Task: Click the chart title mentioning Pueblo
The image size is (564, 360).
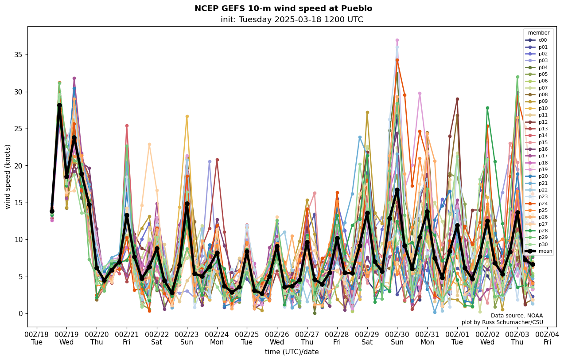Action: [x=283, y=8]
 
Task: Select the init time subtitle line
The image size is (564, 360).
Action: [x=292, y=20]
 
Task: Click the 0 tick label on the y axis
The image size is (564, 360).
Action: [x=21, y=313]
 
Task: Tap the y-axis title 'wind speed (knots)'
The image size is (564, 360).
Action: [x=8, y=176]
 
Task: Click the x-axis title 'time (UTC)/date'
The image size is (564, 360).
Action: [x=292, y=352]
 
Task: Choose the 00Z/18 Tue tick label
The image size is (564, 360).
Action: [x=36, y=338]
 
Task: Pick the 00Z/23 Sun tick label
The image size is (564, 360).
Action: [x=187, y=338]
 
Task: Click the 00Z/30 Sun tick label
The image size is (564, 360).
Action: [x=397, y=338]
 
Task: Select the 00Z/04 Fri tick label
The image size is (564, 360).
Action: [x=548, y=338]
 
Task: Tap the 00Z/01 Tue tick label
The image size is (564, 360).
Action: [x=457, y=338]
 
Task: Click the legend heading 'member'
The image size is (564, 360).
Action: [x=539, y=33]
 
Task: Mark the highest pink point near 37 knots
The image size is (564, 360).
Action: [x=397, y=40]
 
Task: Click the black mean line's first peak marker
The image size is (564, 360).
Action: [x=59, y=106]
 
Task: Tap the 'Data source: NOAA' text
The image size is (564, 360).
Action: [x=517, y=316]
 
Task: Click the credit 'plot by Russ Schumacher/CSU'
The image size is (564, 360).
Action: [x=502, y=322]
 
